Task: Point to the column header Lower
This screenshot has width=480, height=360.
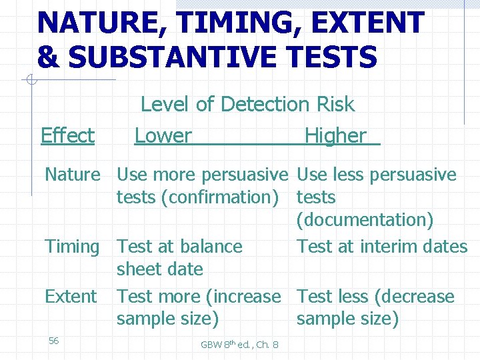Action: (x=163, y=136)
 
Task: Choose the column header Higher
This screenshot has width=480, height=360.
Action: (x=335, y=136)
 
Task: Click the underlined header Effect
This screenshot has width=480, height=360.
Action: (x=67, y=136)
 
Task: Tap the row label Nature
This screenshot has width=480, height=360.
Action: (x=72, y=175)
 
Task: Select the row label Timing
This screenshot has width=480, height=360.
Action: (x=72, y=247)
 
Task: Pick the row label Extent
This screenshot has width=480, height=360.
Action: (x=71, y=297)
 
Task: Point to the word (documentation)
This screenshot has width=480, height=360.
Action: (x=365, y=220)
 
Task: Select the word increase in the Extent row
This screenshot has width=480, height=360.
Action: (x=241, y=297)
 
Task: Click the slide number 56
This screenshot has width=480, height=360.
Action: (x=54, y=341)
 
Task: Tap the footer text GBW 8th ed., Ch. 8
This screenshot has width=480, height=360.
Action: (x=240, y=344)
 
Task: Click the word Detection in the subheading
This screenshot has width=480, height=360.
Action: (x=264, y=105)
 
